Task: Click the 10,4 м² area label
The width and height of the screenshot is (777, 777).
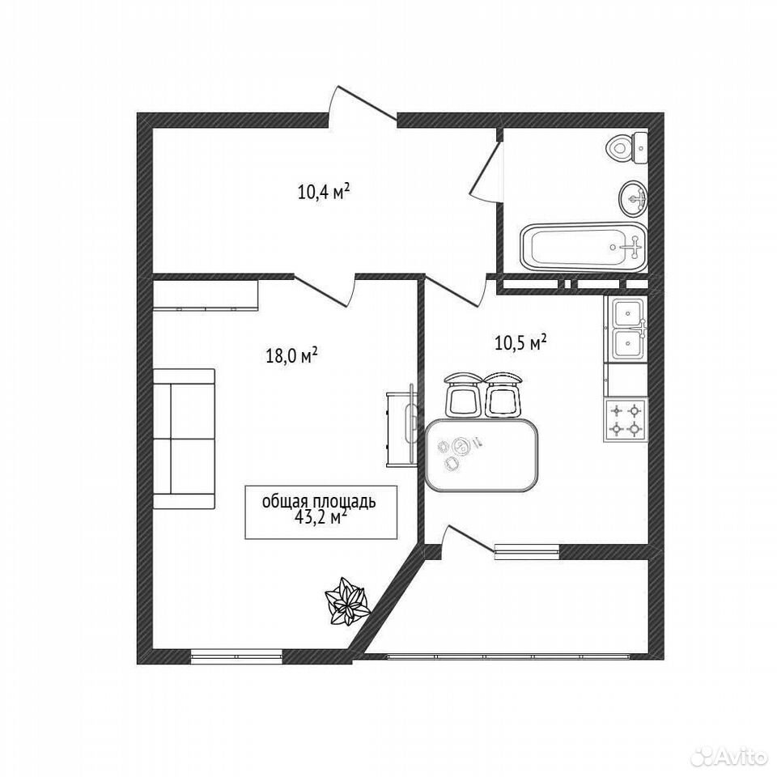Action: click(x=325, y=191)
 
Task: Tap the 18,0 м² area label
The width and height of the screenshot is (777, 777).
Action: click(x=292, y=355)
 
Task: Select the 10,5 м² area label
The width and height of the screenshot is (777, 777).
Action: click(x=520, y=342)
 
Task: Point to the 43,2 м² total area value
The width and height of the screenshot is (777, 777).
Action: click(x=321, y=518)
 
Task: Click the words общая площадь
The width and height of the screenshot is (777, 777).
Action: click(x=319, y=502)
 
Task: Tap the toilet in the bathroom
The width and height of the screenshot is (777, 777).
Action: click(x=627, y=147)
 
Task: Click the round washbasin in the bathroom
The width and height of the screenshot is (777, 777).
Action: click(x=633, y=199)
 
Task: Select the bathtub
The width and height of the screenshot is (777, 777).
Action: click(x=584, y=247)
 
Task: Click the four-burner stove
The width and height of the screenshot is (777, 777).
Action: click(x=626, y=419)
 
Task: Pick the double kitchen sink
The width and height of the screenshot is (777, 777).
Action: click(x=626, y=328)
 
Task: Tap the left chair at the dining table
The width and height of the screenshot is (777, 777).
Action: click(x=463, y=395)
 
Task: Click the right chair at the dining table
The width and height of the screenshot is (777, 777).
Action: click(x=503, y=395)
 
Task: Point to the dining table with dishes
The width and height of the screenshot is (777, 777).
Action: click(x=482, y=454)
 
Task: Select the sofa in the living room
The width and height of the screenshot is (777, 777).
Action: click(x=184, y=439)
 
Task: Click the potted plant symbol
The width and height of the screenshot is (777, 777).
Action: click(x=347, y=601)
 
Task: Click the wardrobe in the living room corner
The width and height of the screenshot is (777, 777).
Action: click(x=206, y=295)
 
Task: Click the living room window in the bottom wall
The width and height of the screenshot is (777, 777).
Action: click(x=236, y=656)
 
